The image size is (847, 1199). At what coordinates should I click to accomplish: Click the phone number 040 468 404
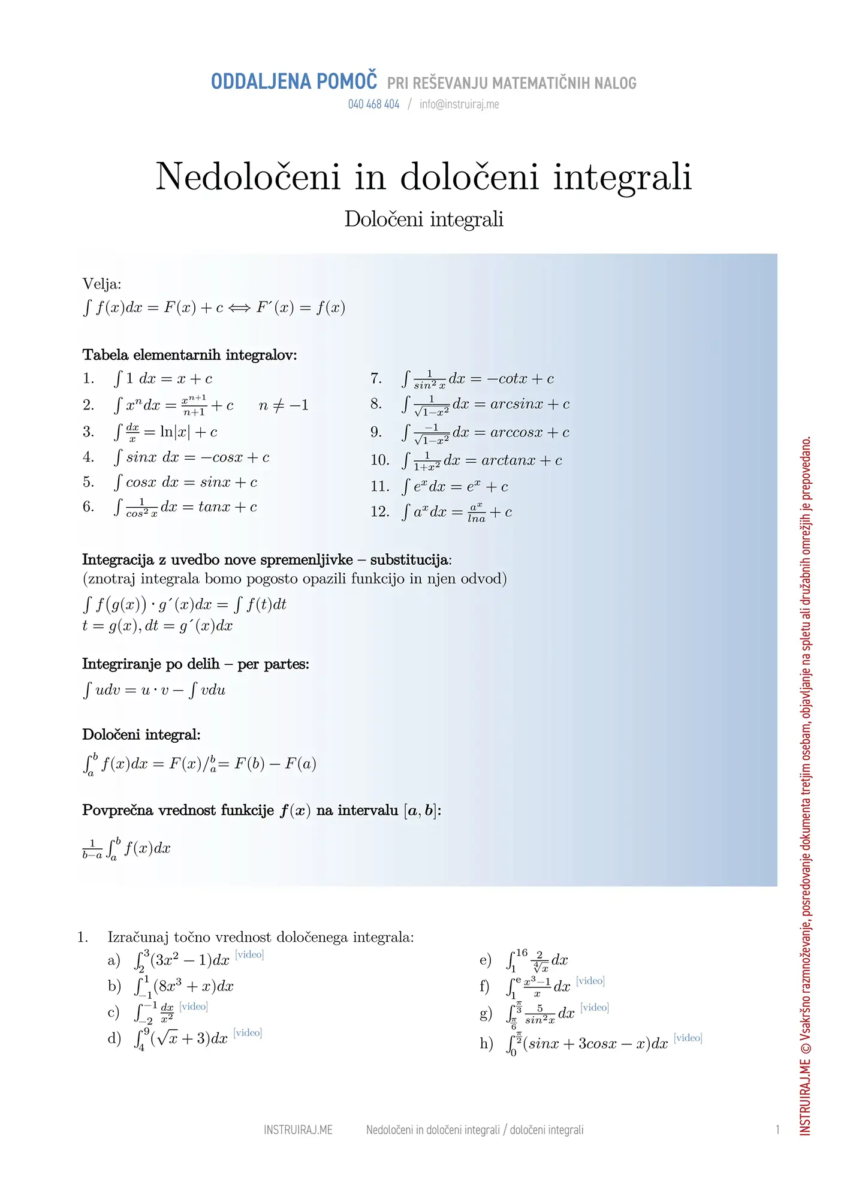[x=373, y=104]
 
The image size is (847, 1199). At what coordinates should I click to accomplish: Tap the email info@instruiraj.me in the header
[x=459, y=104]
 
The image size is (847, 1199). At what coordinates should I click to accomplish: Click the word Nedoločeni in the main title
[x=248, y=177]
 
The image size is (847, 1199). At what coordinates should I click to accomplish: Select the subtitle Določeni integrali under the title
[x=424, y=219]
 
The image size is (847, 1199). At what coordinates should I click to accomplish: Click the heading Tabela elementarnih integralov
[x=189, y=355]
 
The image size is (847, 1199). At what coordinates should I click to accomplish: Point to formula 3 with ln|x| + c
[x=166, y=432]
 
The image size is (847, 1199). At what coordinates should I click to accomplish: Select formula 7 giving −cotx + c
[x=478, y=379]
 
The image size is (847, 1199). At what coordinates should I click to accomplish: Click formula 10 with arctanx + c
[x=482, y=460]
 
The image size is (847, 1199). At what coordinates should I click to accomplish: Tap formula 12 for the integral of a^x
[x=457, y=513]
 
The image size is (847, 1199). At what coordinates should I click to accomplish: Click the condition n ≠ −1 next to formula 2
[x=284, y=406]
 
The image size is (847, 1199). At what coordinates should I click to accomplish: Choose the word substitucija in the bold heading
[x=409, y=560]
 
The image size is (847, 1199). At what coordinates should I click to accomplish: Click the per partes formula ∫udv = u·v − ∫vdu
[x=155, y=690]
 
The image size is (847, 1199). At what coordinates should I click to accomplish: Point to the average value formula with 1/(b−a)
[x=126, y=849]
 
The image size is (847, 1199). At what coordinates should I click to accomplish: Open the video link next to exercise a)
[x=249, y=954]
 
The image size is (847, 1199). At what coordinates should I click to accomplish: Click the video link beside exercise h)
[x=688, y=1038]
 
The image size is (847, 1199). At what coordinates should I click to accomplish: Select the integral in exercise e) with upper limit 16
[x=537, y=960]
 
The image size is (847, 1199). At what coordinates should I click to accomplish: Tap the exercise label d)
[x=114, y=1038]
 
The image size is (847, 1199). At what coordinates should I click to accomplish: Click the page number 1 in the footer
[x=777, y=1130]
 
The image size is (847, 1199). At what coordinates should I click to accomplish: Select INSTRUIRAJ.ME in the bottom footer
[x=298, y=1130]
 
